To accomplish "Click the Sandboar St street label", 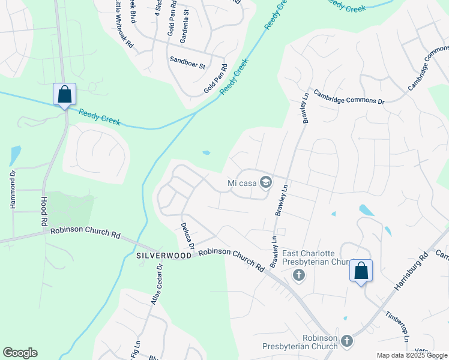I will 187,60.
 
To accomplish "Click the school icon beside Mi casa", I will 265,183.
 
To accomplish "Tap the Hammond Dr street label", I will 11,189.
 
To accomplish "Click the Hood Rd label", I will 44,211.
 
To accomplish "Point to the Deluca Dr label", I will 187,236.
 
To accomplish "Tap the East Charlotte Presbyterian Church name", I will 316,257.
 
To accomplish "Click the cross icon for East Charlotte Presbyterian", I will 298,275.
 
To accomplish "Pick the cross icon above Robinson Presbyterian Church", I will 346,342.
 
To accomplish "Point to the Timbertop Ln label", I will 397,326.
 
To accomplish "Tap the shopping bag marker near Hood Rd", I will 64,95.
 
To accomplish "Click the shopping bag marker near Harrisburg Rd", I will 361,271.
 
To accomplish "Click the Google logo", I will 20,353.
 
